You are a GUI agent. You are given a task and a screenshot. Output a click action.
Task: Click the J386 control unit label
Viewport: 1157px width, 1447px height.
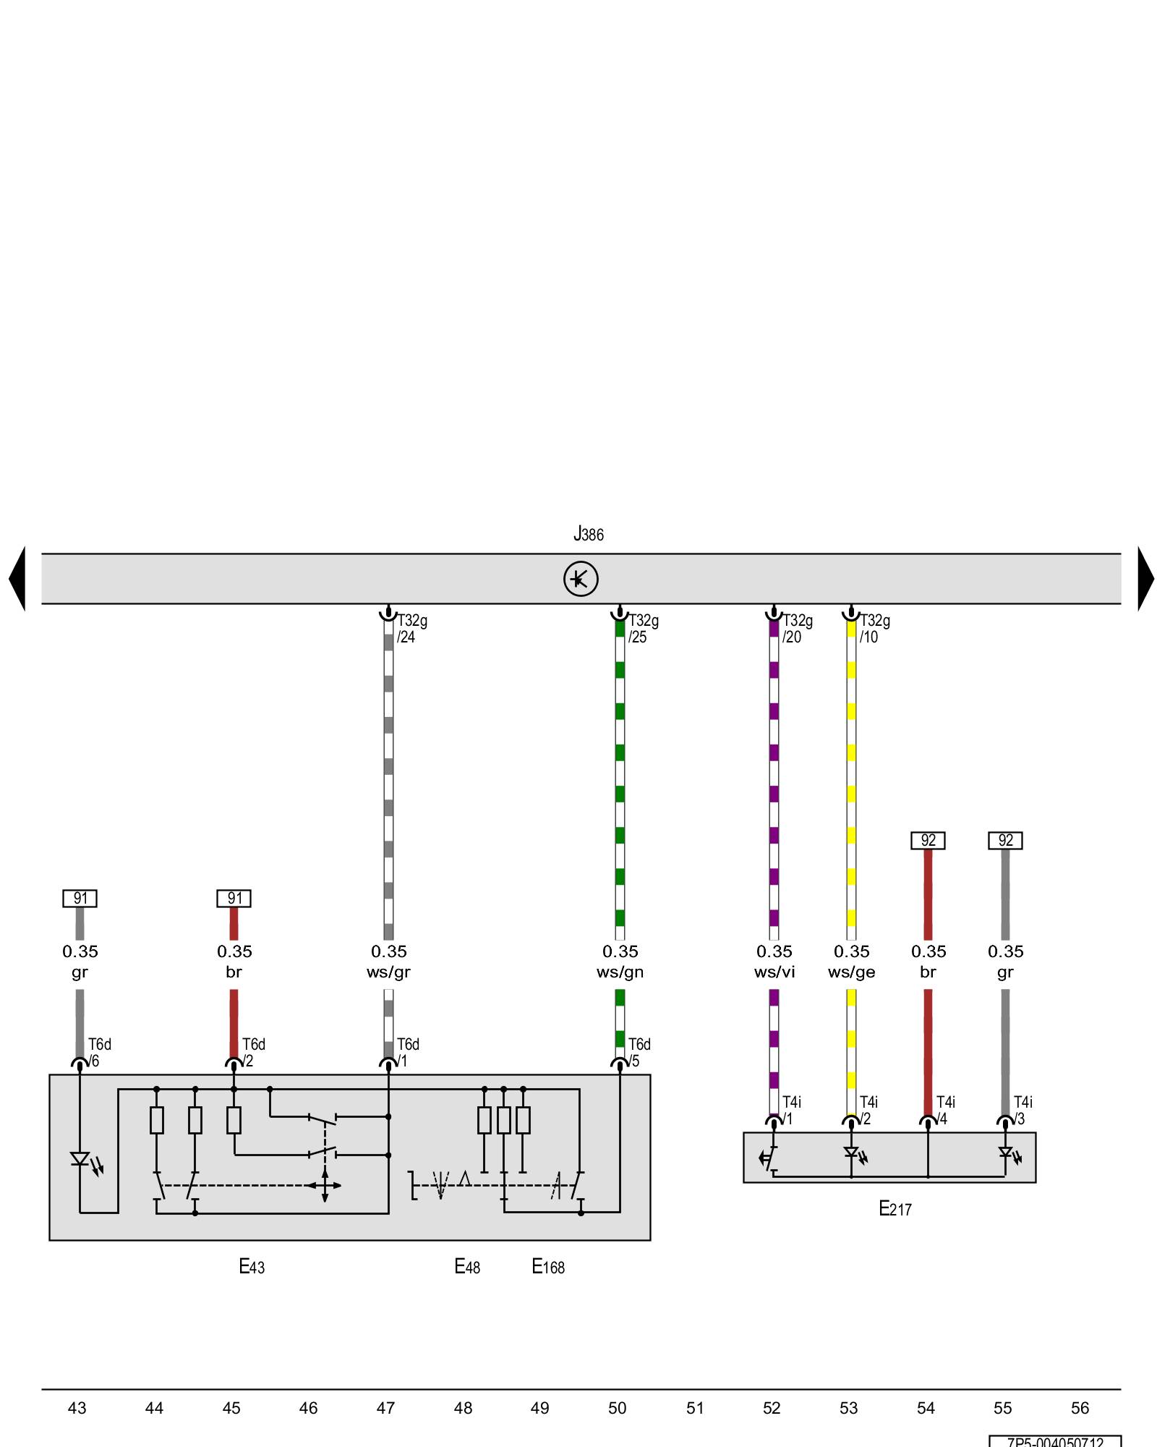[x=588, y=535]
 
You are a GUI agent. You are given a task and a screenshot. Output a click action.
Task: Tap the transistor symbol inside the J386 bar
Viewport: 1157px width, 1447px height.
[x=581, y=579]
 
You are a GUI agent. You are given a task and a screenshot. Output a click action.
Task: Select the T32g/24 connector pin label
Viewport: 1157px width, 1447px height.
[x=411, y=629]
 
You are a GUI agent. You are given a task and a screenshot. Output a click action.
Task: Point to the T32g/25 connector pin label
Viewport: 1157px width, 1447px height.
[x=643, y=629]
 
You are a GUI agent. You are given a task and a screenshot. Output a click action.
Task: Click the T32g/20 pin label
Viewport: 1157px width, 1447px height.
[x=797, y=629]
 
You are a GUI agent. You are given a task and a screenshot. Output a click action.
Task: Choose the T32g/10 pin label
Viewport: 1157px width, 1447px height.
[x=874, y=629]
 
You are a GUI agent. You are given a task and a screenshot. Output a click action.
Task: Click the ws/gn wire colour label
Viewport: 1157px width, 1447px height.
[x=620, y=972]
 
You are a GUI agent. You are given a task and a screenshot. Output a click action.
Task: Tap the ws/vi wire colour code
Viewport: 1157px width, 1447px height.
[x=774, y=972]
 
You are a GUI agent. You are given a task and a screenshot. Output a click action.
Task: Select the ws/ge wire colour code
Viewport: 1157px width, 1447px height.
[x=851, y=972]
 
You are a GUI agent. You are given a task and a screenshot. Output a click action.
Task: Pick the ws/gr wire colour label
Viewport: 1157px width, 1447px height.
[x=388, y=972]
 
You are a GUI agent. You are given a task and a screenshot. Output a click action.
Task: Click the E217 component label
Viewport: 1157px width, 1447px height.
[x=895, y=1208]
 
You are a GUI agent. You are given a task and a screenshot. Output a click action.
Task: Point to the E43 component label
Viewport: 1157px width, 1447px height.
[x=252, y=1266]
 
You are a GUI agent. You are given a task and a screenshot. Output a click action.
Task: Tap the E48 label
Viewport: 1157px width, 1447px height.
[x=466, y=1266]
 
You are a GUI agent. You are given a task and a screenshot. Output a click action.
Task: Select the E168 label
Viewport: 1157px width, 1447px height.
[x=547, y=1266]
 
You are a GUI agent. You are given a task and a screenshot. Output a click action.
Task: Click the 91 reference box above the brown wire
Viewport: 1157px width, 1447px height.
[x=234, y=899]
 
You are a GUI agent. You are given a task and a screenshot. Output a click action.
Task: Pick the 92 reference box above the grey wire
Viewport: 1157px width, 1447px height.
[x=1005, y=841]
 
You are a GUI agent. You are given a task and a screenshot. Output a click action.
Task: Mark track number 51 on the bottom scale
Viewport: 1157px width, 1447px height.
[x=694, y=1408]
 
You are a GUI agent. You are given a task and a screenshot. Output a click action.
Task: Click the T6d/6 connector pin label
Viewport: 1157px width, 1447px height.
[x=99, y=1053]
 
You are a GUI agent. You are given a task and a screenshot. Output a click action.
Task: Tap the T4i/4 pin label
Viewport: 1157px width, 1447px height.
[x=945, y=1111]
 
